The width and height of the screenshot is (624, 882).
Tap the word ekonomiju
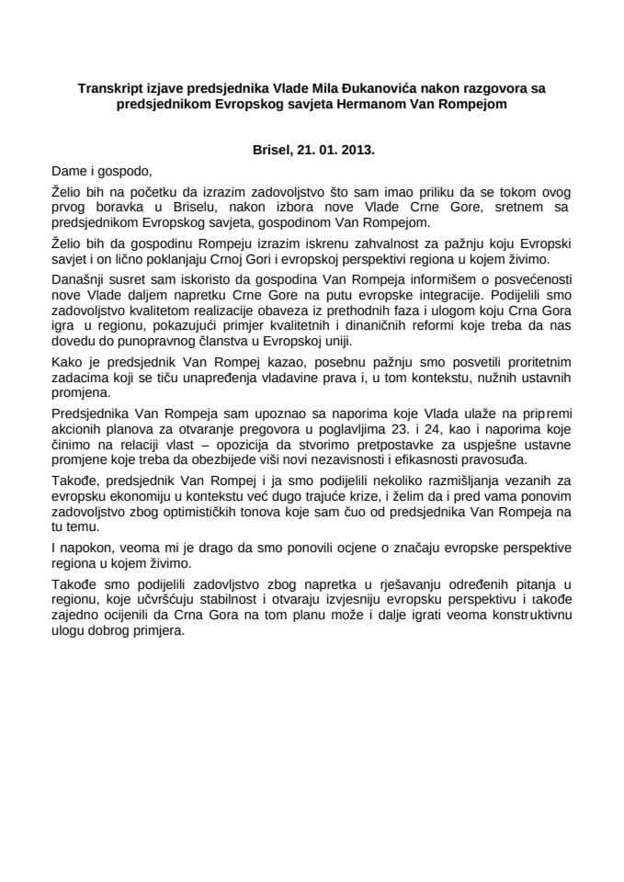pyautogui.click(x=135, y=506)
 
